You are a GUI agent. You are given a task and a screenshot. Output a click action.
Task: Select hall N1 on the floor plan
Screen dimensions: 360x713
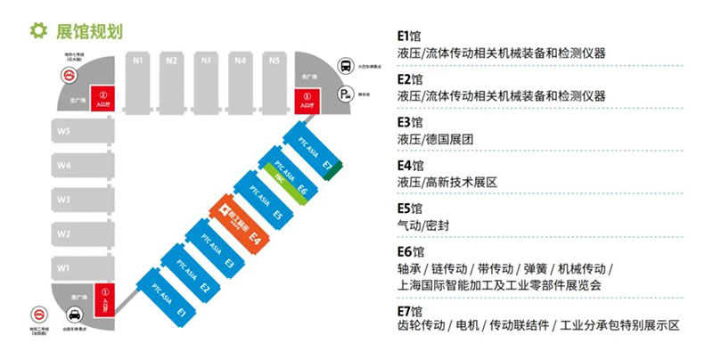[137, 80]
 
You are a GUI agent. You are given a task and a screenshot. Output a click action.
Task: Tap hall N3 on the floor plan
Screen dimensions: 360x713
[206, 80]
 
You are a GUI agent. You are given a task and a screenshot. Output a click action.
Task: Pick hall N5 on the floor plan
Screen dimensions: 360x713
[275, 80]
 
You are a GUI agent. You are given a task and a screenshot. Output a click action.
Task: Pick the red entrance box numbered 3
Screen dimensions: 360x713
[307, 99]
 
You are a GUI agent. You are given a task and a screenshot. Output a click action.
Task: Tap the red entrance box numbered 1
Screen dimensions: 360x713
[105, 297]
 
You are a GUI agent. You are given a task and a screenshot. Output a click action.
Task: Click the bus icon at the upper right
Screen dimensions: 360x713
[346, 65]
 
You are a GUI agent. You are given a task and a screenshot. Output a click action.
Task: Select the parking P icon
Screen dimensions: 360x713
[345, 95]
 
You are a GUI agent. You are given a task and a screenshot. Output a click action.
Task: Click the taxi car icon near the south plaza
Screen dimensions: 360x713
[75, 315]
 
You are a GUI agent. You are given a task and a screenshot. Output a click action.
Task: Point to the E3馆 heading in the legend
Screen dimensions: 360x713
[410, 122]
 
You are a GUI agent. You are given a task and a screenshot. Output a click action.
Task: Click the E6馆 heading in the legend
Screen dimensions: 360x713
[410, 251]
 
